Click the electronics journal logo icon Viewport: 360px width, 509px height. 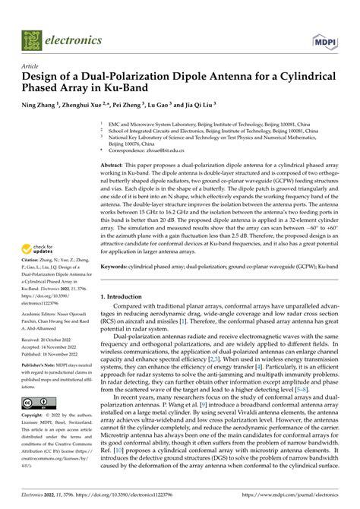(33, 37)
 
